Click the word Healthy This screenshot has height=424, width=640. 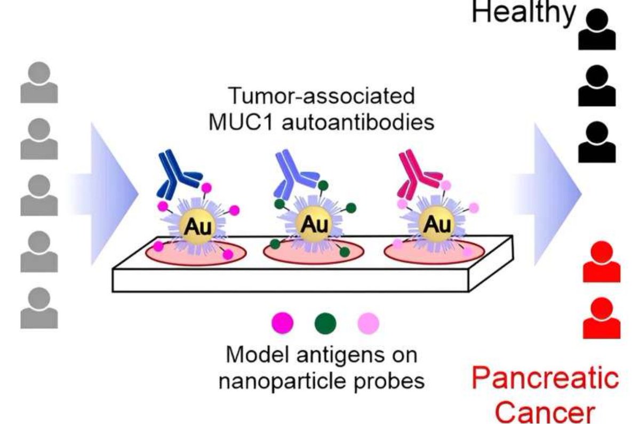coord(523,12)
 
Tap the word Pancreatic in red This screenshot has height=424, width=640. coord(545,378)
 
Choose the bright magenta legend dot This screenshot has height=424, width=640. coord(282,322)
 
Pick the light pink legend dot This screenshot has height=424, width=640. coord(368,322)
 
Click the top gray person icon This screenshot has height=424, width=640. coord(39,83)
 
